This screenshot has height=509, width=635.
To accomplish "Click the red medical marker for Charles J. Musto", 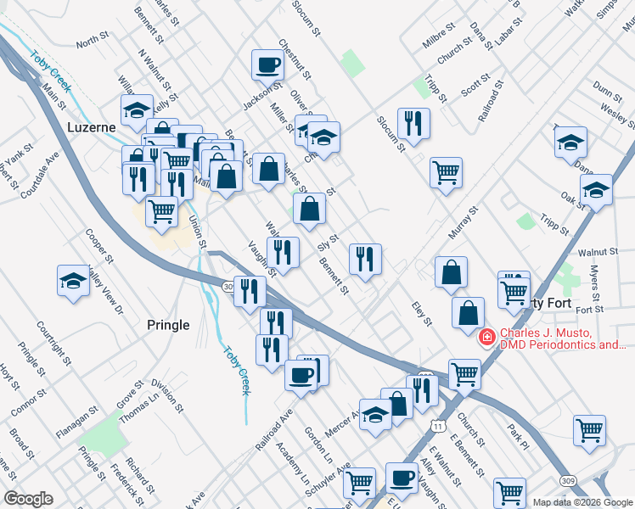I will [487, 338].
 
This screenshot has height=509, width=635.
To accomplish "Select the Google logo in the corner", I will [28, 498].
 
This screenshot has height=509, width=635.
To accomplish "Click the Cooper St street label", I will [99, 245].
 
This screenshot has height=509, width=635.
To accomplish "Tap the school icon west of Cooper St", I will [73, 282].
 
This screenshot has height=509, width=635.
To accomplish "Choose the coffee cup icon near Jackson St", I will [267, 64].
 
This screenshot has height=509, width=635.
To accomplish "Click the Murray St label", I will [458, 221].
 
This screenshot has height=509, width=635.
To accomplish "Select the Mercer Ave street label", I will [343, 421].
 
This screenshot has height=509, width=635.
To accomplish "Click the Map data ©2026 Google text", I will [582, 501].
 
